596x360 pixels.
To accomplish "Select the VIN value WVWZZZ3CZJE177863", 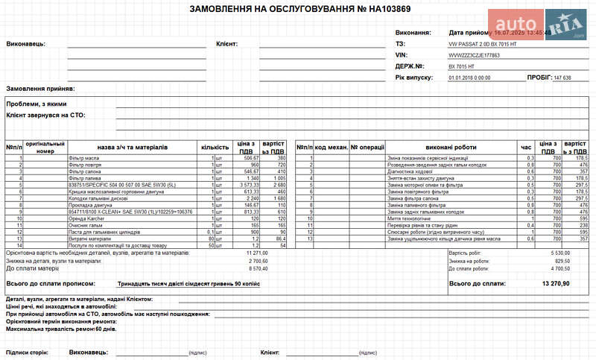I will pos(474,55).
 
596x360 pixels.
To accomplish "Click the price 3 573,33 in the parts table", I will pos(249,185).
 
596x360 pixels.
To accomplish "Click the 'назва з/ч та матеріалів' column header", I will pos(132,147).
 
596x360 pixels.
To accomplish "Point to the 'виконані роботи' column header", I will pos(451,147).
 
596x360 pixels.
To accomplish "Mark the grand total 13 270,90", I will pos(556,284).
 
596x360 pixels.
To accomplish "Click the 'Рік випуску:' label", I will pos(414,78).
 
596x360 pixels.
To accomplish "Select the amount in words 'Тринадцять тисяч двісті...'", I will pos(188,284).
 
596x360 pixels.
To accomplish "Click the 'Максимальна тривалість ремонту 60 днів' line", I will pos(61,329).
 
